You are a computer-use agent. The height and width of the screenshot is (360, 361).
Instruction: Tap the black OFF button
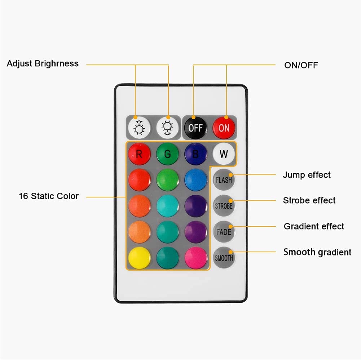tap(195, 128)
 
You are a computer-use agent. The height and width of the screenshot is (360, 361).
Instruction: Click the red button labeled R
tap(139, 154)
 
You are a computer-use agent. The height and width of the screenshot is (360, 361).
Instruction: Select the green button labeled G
tap(167, 154)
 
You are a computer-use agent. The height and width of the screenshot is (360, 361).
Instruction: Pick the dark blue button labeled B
tap(195, 154)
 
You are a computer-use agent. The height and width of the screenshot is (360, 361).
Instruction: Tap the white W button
tap(224, 154)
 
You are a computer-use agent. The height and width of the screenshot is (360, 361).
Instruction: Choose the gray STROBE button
tap(224, 206)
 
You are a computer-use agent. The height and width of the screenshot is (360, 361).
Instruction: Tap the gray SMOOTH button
tap(224, 258)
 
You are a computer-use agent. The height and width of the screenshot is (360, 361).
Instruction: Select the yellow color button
tap(139, 258)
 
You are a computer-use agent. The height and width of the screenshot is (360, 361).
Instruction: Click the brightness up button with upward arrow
tap(139, 128)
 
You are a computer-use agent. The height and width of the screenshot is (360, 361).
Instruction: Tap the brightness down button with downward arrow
tap(167, 128)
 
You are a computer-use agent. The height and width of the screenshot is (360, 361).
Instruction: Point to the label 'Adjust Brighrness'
tap(43, 64)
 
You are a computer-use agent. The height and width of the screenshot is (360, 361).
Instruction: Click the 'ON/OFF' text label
tap(301, 66)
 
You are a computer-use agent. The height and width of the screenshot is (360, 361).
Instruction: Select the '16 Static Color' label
tap(49, 196)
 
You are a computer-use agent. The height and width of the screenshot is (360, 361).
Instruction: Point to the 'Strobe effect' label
tap(309, 200)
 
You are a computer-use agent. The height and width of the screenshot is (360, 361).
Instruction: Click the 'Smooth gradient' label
tap(317, 252)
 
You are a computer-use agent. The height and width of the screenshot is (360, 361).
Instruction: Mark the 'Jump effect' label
tap(307, 175)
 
